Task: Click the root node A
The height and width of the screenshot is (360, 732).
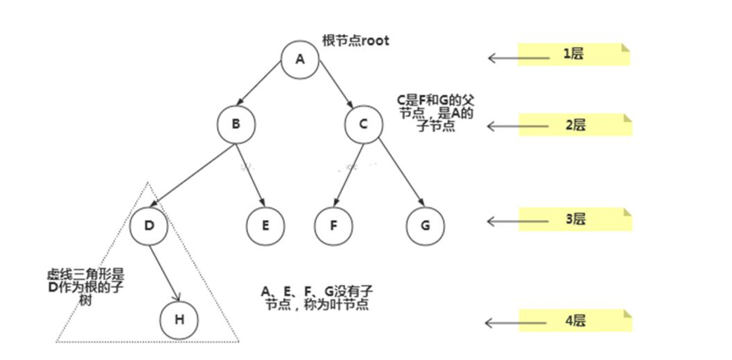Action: (x=300, y=60)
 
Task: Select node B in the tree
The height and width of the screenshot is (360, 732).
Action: (x=236, y=124)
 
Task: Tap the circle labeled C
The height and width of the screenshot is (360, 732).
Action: (x=364, y=124)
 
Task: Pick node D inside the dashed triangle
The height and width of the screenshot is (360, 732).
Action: (x=149, y=226)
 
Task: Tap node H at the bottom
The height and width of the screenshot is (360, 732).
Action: (x=179, y=319)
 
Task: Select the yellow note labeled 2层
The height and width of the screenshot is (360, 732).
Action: (x=575, y=125)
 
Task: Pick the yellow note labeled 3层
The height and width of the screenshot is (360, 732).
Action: (x=575, y=219)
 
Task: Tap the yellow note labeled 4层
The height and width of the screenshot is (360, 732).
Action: (x=575, y=321)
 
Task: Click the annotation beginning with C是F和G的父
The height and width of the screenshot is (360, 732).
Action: (x=435, y=113)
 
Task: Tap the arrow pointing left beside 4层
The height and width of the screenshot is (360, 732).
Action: (x=516, y=323)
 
